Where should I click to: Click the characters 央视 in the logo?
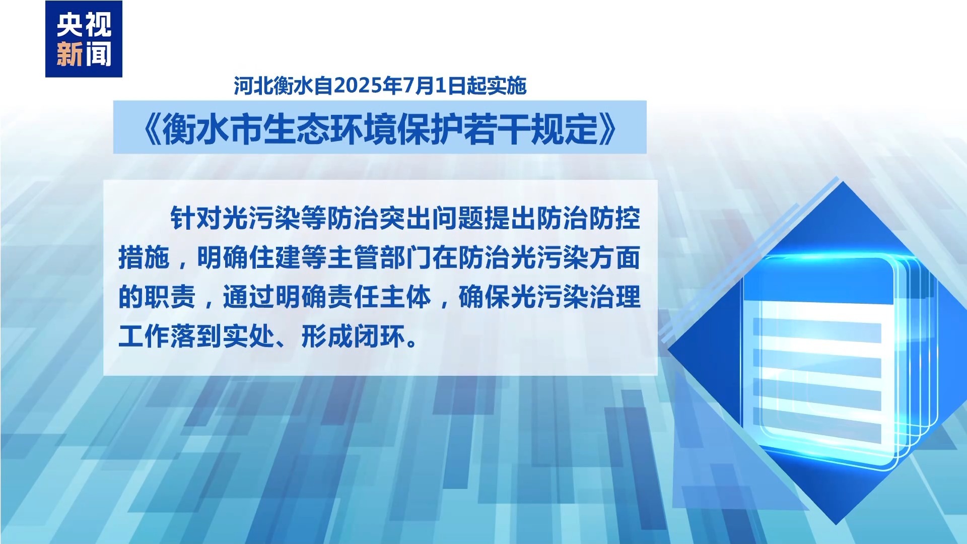(x=84, y=25)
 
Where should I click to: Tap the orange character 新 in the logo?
(x=70, y=54)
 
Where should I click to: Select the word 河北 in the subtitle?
(x=253, y=86)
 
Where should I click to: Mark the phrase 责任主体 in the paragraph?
(x=379, y=297)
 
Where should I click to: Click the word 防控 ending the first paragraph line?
(x=614, y=218)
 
